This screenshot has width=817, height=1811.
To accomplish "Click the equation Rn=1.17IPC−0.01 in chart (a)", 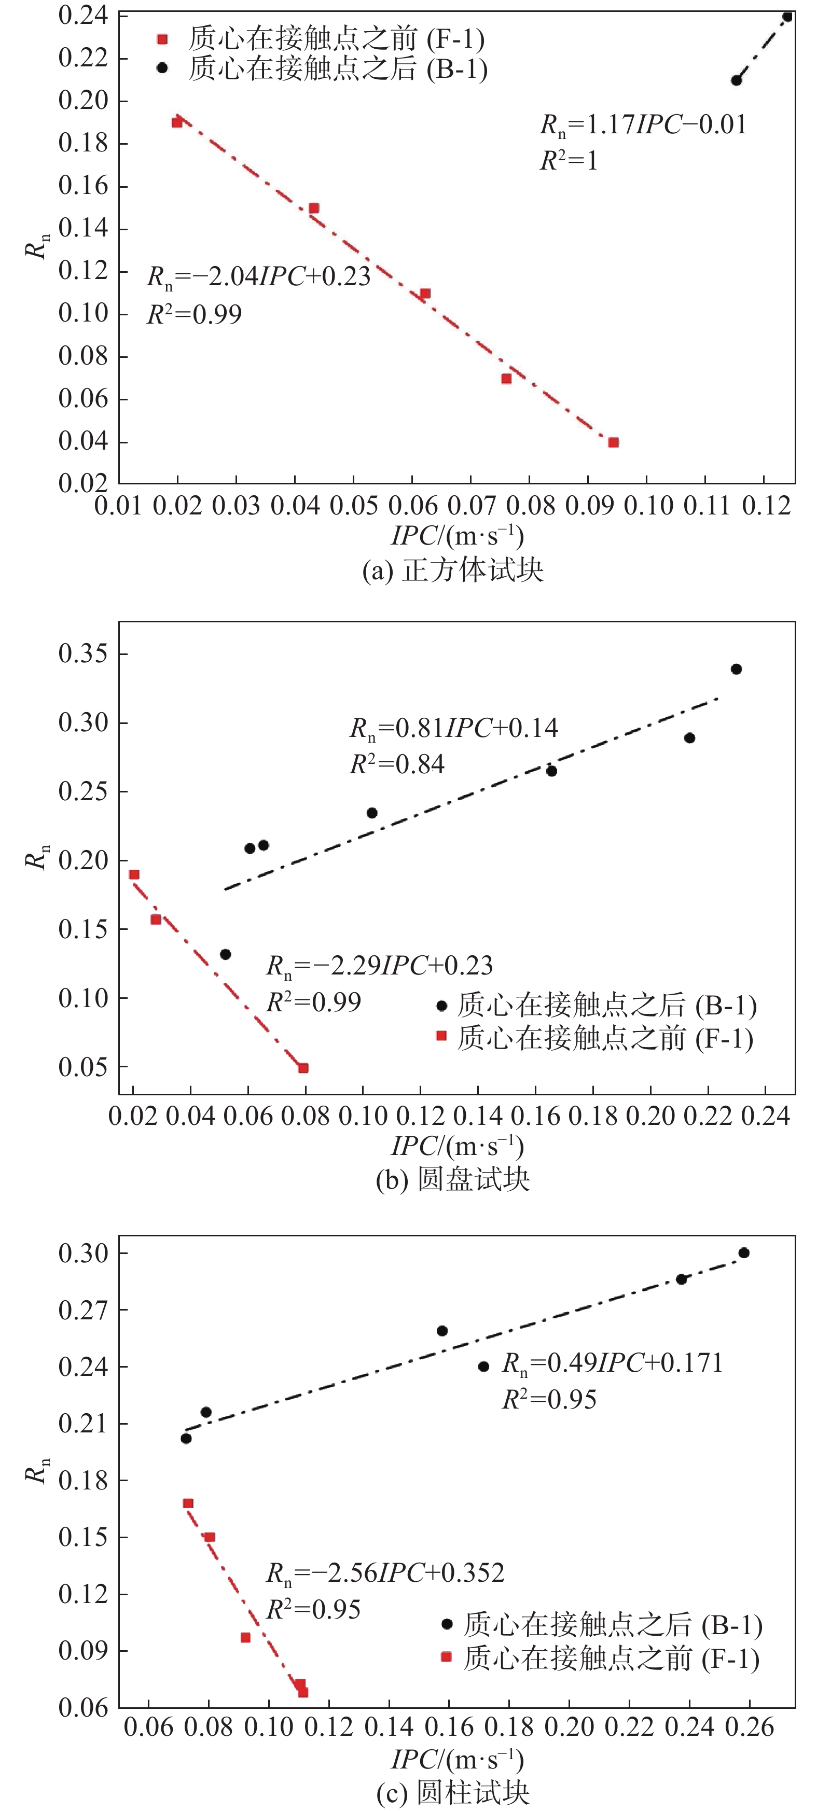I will click(x=643, y=125).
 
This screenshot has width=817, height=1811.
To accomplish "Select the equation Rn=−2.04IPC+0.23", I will click(x=258, y=277).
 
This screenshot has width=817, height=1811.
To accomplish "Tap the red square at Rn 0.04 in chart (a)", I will click(x=613, y=442).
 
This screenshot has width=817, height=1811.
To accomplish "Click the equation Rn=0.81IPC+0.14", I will click(x=454, y=728).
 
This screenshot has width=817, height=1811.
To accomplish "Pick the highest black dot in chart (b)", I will click(x=736, y=668).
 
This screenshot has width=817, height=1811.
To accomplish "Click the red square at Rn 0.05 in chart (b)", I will click(x=303, y=1068).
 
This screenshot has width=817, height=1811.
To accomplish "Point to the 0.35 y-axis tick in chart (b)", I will click(x=83, y=654).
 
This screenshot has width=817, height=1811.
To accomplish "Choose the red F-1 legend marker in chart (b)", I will click(x=441, y=1036).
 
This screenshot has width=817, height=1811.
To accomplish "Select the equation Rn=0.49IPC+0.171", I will click(x=612, y=1363).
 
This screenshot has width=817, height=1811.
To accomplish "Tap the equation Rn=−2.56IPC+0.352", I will click(x=384, y=1572).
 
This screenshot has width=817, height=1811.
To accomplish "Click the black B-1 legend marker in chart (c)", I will click(x=447, y=1623).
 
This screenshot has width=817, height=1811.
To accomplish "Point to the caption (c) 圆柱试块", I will click(x=453, y=1793).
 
